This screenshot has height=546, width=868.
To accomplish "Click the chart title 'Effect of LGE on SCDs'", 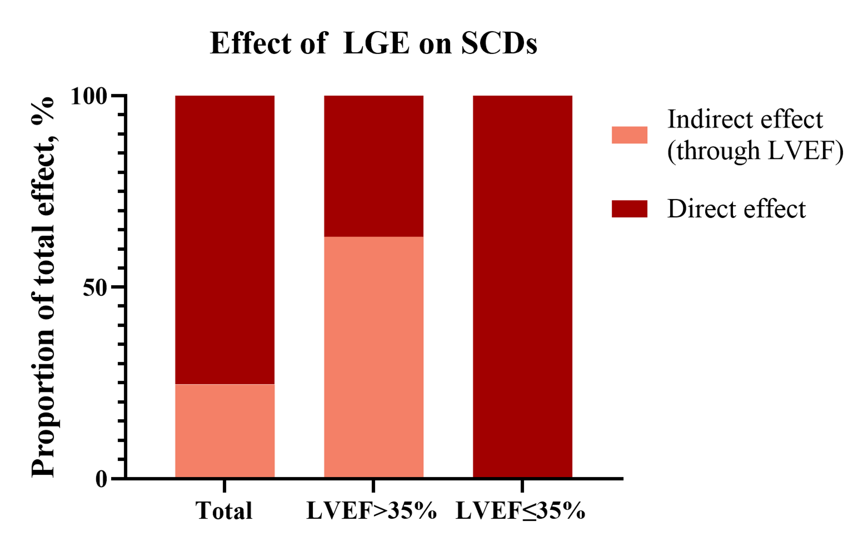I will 373,44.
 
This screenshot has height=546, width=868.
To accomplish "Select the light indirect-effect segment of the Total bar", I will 225,431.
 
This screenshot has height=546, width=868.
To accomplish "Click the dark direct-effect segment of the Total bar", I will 225,240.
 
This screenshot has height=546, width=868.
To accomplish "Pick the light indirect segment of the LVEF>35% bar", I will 373,357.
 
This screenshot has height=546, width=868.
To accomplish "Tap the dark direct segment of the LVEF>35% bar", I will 373,166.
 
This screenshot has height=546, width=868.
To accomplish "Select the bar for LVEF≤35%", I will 522,287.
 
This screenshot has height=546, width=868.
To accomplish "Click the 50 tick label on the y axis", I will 95,288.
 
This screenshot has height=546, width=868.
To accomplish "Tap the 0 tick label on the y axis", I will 101,479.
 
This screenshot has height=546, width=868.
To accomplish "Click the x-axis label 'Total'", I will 224,511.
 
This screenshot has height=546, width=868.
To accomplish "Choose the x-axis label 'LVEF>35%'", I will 371,511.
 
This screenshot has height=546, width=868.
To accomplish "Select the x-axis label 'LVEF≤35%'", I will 520,511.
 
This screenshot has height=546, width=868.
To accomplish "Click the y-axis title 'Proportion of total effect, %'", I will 43,287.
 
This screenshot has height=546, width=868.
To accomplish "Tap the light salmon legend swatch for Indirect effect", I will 629,135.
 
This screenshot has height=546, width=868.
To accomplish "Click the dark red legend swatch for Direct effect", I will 629,209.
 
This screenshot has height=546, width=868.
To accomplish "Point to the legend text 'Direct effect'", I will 737,209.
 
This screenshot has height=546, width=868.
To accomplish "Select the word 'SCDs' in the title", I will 499,44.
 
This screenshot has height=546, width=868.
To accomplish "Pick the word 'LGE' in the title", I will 376,44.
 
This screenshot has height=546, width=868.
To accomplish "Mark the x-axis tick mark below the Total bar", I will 225,486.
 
